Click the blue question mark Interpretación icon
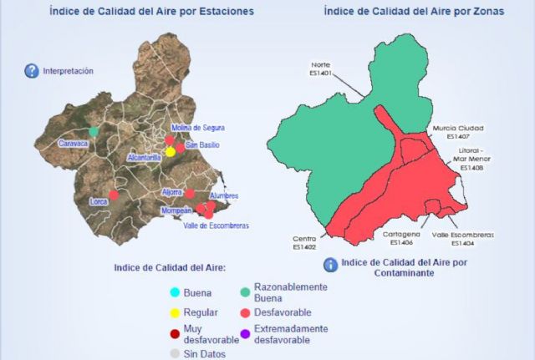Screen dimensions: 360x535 coord(32,71)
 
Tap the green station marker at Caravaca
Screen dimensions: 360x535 coord(94,131)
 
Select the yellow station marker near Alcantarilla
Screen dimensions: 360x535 coord(170,152)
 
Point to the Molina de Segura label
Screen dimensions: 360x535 coord(198,127)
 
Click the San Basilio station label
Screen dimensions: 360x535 coord(204,145)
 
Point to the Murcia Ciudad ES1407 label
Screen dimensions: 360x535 coord(458,132)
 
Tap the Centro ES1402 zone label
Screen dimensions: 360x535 coord(304,242)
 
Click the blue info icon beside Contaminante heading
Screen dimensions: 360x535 coord(331,264)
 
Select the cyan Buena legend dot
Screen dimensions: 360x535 coord(175,292)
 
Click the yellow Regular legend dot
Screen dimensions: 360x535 coord(175,313)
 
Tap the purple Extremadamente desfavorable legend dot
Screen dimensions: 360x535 coord(245,334)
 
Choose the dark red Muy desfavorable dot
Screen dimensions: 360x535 coord(175,334)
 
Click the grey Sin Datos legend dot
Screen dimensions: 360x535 coord(175,354)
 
